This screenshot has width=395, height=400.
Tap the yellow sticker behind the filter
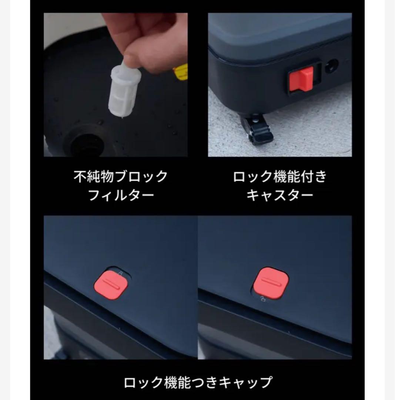point(181,72)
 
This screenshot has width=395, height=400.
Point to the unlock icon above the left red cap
point(120,273)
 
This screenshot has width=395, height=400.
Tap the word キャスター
point(280,195)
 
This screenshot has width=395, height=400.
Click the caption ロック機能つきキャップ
point(198,381)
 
